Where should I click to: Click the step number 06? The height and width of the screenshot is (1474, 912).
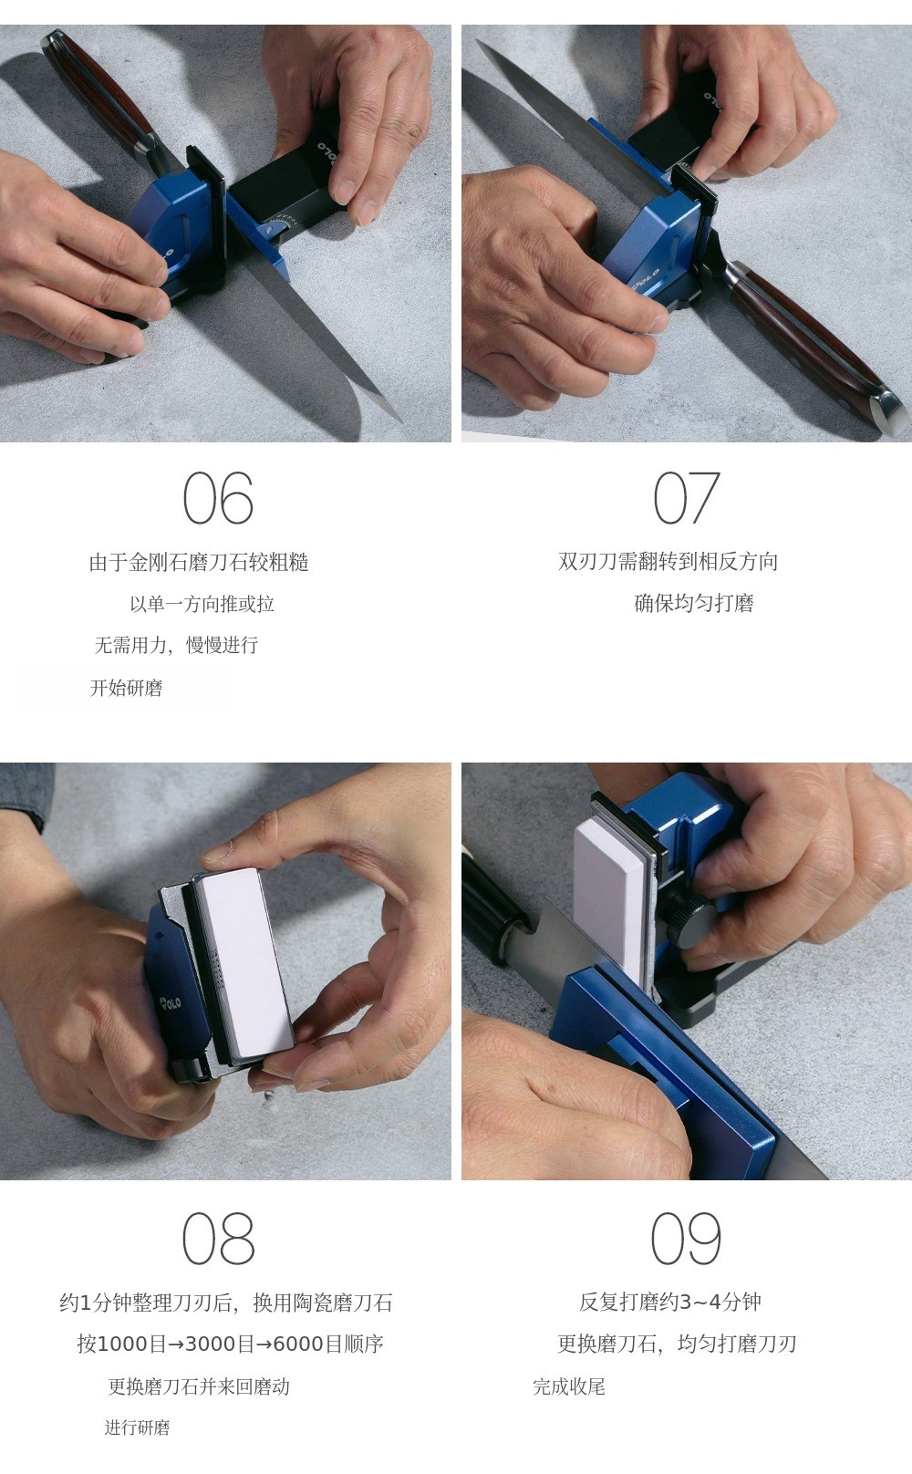218,497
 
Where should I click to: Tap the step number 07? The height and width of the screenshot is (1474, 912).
687,497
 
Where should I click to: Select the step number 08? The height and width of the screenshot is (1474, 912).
218,1239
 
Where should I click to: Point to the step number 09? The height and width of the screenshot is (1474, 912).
687,1239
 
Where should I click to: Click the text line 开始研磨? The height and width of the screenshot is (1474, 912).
127,689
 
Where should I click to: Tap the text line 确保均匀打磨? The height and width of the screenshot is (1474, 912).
693,603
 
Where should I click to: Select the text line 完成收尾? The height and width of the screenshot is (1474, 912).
568,1387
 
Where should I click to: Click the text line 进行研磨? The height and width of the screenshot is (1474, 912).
137,1428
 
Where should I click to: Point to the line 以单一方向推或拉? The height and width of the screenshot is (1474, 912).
202,604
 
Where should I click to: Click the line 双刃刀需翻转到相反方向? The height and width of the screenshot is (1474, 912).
668,561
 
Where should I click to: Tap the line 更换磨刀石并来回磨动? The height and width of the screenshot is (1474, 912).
199,1387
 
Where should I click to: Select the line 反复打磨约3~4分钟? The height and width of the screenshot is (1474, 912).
669,1302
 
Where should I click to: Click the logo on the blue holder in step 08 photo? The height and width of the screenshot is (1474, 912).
171,1002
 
